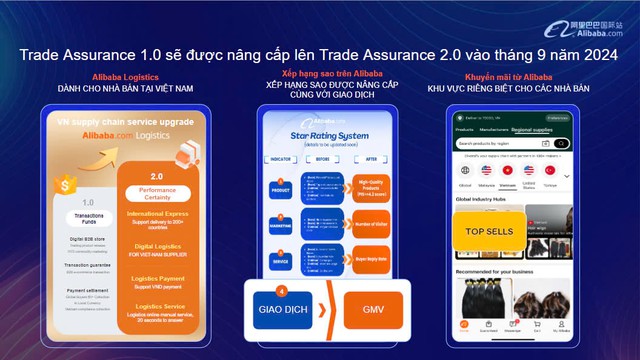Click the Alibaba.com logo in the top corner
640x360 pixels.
[598, 18]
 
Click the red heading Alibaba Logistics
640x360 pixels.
[123, 76]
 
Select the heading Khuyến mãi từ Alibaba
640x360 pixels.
[508, 76]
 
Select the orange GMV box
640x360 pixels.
[372, 310]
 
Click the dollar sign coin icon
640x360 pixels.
[66, 185]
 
